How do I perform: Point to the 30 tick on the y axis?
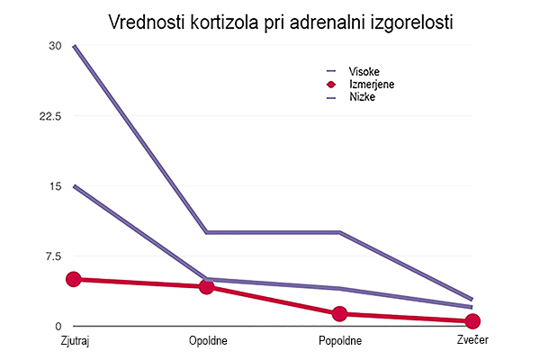click(56, 46)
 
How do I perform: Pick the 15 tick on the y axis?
click(56, 186)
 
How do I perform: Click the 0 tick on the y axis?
click(58, 326)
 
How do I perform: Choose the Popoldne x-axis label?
click(339, 340)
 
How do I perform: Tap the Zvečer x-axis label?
click(472, 340)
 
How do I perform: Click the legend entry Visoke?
click(362, 71)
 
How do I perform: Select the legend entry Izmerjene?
click(369, 84)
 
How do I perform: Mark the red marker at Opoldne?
click(207, 286)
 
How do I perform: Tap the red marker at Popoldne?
click(339, 313)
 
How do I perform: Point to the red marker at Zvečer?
click(472, 321)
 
